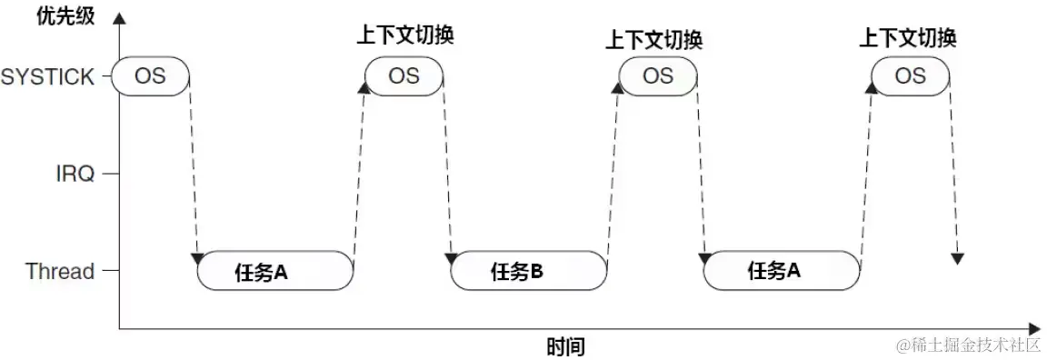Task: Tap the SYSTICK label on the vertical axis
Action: (47, 76)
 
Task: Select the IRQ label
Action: (73, 174)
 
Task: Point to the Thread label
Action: (60, 271)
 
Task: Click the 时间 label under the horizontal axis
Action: (565, 345)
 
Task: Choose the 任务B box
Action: (529, 271)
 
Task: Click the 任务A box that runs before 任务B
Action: (274, 271)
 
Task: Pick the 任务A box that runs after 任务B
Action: (782, 271)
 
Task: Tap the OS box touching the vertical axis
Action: (151, 75)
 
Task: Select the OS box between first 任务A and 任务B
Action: (404, 75)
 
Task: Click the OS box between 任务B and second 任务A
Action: (658, 75)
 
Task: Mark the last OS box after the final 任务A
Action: (910, 75)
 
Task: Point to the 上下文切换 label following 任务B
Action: (654, 39)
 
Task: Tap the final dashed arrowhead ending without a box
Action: (956, 258)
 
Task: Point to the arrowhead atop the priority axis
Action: (120, 17)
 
